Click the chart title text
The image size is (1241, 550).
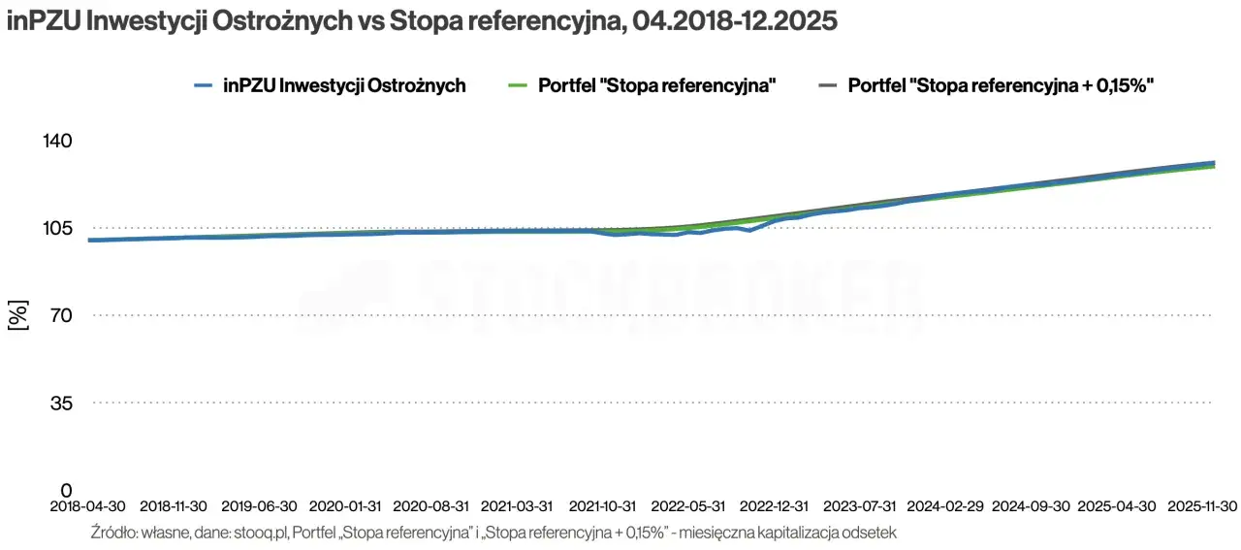click(422, 21)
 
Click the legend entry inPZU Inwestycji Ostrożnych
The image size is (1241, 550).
click(343, 85)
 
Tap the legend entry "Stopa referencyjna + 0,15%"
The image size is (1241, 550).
click(1000, 85)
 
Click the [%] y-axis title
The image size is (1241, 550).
click(18, 315)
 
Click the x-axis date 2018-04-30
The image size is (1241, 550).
click(88, 506)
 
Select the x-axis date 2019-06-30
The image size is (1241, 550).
click(259, 506)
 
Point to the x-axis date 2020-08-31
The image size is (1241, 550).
click(430, 506)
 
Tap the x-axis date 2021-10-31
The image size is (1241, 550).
click(602, 506)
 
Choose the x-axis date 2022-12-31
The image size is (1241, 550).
click(774, 506)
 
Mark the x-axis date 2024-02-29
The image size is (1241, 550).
click(945, 506)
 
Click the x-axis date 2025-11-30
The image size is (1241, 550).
click(1202, 506)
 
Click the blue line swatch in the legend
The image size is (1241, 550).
click(204, 85)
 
